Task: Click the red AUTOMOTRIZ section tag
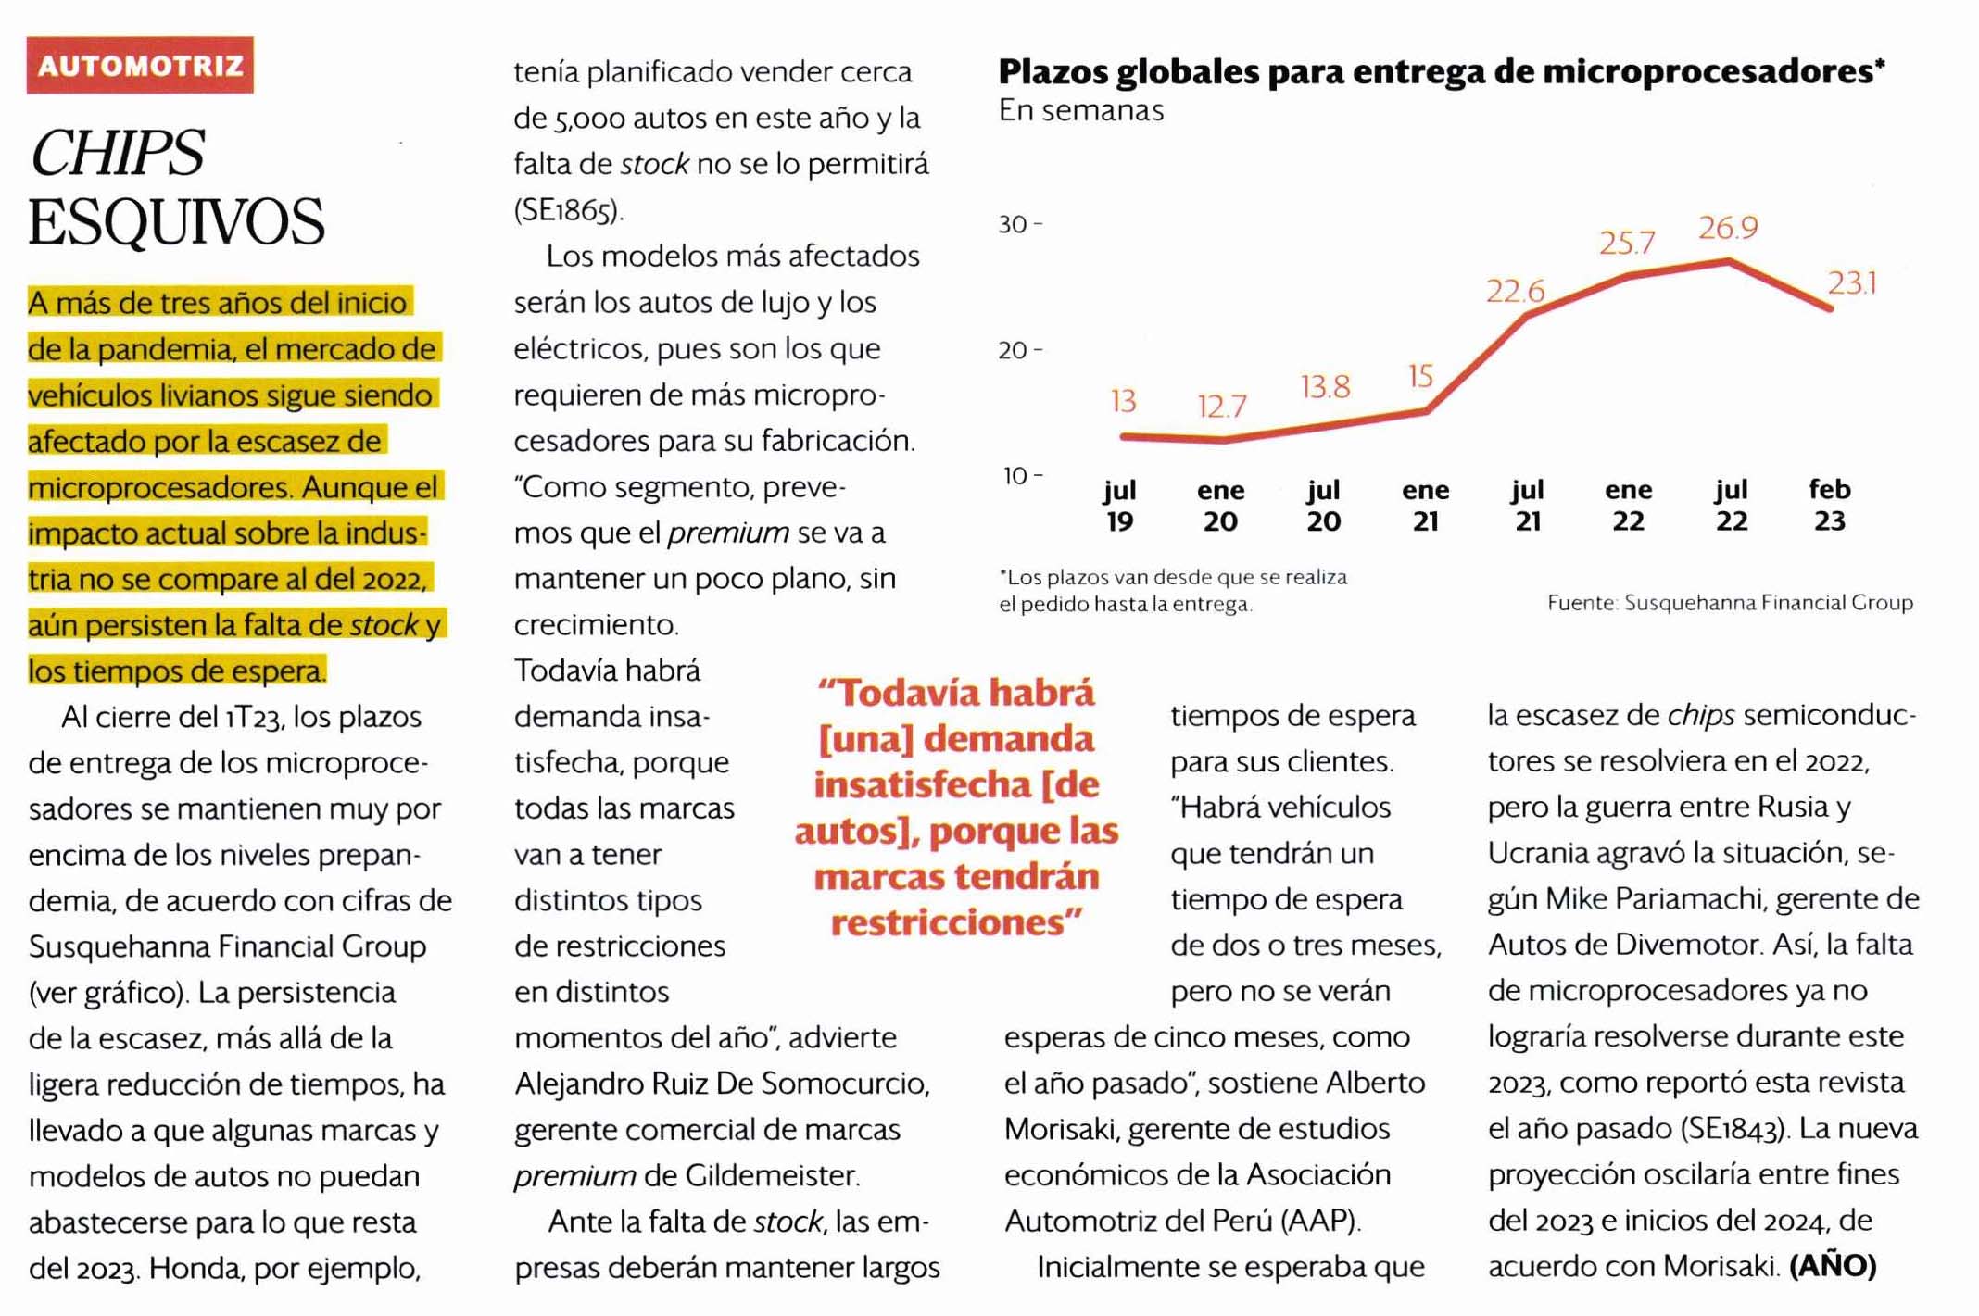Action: (x=140, y=66)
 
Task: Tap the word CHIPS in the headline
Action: (x=117, y=153)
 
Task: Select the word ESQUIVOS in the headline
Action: (x=176, y=222)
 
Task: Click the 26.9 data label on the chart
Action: (x=1727, y=228)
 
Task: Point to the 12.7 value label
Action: (x=1221, y=407)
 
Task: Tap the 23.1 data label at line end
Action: (x=1852, y=283)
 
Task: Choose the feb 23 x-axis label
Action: (x=1829, y=505)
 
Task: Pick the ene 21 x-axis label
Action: (x=1425, y=506)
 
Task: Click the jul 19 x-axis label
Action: (x=1120, y=506)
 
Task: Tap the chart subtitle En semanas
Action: (x=1080, y=111)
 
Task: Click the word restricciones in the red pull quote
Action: (x=955, y=922)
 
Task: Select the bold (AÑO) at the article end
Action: (x=1833, y=1266)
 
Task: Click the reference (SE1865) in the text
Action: (x=568, y=210)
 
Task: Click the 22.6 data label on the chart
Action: (x=1515, y=292)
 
